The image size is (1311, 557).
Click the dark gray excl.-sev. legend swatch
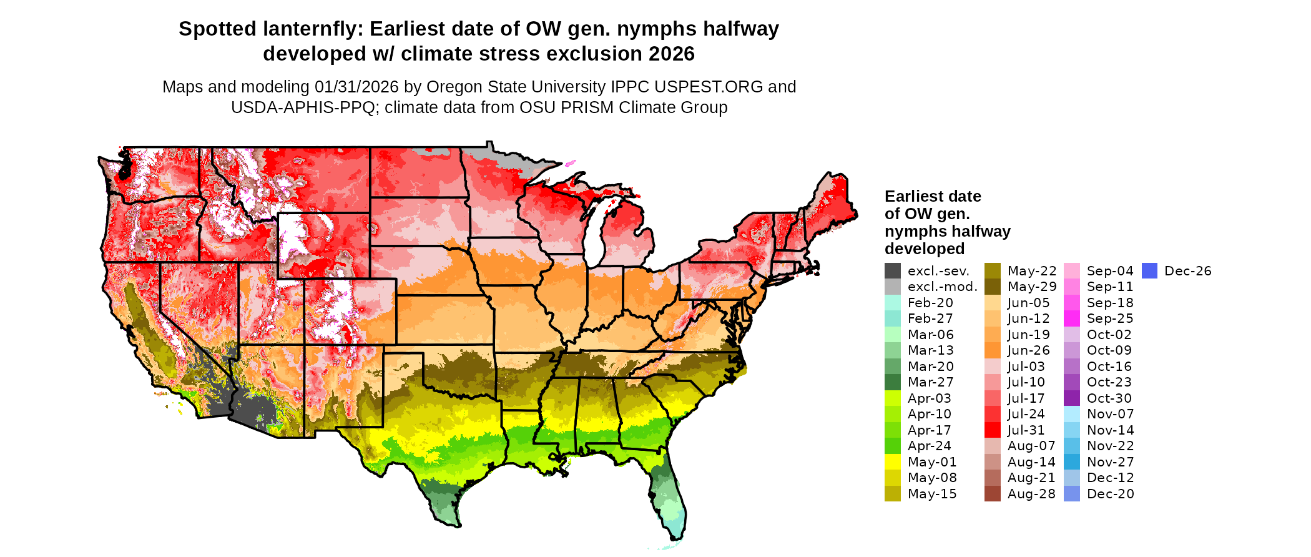[892, 271]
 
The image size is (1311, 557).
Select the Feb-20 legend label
[930, 303]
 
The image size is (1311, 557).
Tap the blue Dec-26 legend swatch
[1149, 271]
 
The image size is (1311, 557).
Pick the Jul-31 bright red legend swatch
[992, 430]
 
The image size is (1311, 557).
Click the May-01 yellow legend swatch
[892, 462]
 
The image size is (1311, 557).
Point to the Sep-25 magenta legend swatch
[1071, 318]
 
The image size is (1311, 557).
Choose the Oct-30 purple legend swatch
[1071, 398]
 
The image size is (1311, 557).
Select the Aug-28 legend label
[1031, 494]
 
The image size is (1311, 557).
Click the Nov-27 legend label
[1110, 462]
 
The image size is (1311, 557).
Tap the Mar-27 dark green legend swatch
[892, 382]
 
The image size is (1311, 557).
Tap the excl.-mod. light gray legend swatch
[892, 287]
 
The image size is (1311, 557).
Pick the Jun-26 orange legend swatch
[992, 350]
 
